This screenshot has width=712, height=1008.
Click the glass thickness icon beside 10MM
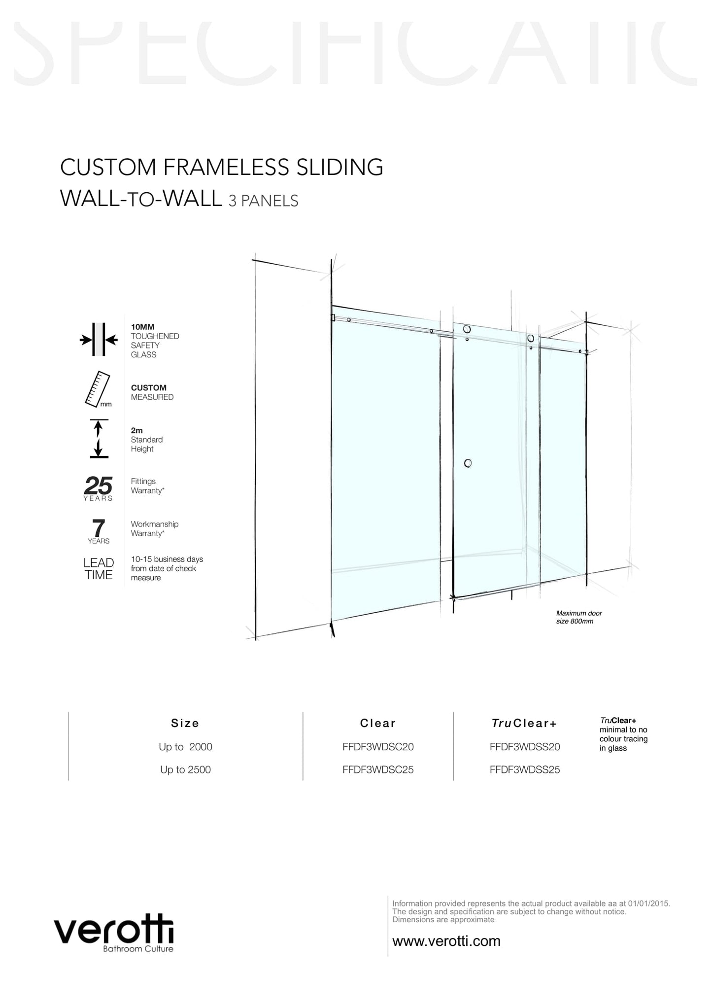[99, 340]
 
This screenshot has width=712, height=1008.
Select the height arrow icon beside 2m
[99, 438]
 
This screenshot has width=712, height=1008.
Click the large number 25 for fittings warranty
[98, 486]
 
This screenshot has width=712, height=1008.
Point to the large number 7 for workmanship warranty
[99, 528]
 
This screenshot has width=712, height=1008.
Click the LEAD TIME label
[99, 569]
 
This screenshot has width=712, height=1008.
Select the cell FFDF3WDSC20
[378, 747]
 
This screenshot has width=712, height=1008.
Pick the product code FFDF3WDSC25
[378, 769]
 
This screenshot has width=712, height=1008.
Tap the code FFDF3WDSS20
[525, 747]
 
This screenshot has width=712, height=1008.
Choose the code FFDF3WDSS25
[525, 769]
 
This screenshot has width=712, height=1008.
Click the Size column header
[185, 723]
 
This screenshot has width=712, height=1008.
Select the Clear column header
[378, 723]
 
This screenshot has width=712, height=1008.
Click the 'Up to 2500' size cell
[185, 769]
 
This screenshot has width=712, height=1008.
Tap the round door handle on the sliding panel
[468, 463]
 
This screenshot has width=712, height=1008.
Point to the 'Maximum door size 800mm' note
[579, 617]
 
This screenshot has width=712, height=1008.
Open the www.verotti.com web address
[446, 941]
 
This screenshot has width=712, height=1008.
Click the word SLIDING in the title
[339, 167]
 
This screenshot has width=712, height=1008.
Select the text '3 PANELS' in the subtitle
[264, 201]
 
